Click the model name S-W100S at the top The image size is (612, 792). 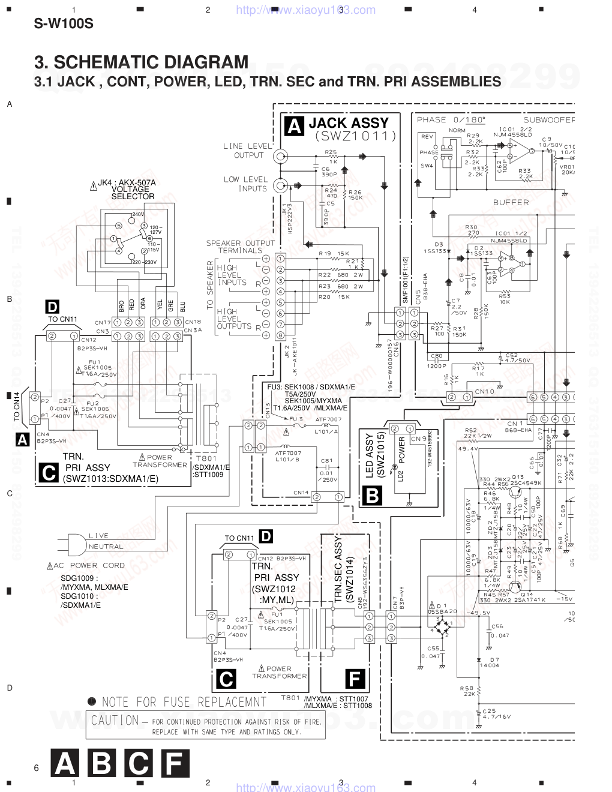tap(64, 25)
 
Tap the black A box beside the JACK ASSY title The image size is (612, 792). tap(294, 126)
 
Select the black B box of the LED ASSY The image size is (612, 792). tap(372, 496)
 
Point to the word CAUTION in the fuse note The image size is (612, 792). tap(115, 719)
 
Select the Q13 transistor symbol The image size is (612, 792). tap(514, 491)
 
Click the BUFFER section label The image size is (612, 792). tap(511, 202)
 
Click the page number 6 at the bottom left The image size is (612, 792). tap(37, 768)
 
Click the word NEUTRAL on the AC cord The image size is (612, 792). tap(106, 547)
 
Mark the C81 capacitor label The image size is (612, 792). tap(326, 461)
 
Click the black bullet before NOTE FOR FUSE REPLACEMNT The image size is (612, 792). tap(92, 700)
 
